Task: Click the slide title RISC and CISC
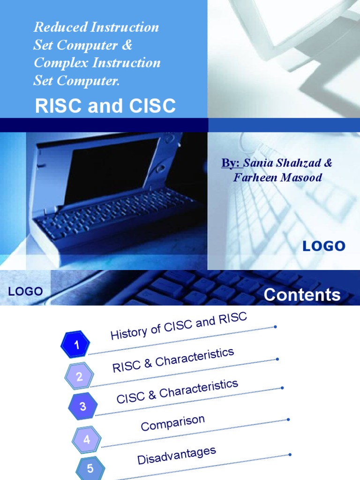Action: click(105, 107)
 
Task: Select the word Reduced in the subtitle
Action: click(54, 27)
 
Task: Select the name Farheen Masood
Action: click(277, 178)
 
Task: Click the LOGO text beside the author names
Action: click(324, 246)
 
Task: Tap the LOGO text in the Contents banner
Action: click(26, 291)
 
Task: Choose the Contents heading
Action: click(302, 295)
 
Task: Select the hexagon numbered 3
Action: click(83, 406)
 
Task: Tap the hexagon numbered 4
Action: click(87, 440)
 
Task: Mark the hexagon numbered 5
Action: click(90, 468)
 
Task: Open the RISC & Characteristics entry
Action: click(173, 360)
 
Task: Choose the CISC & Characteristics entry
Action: click(177, 391)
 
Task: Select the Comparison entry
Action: click(173, 422)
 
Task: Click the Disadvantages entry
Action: click(177, 455)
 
